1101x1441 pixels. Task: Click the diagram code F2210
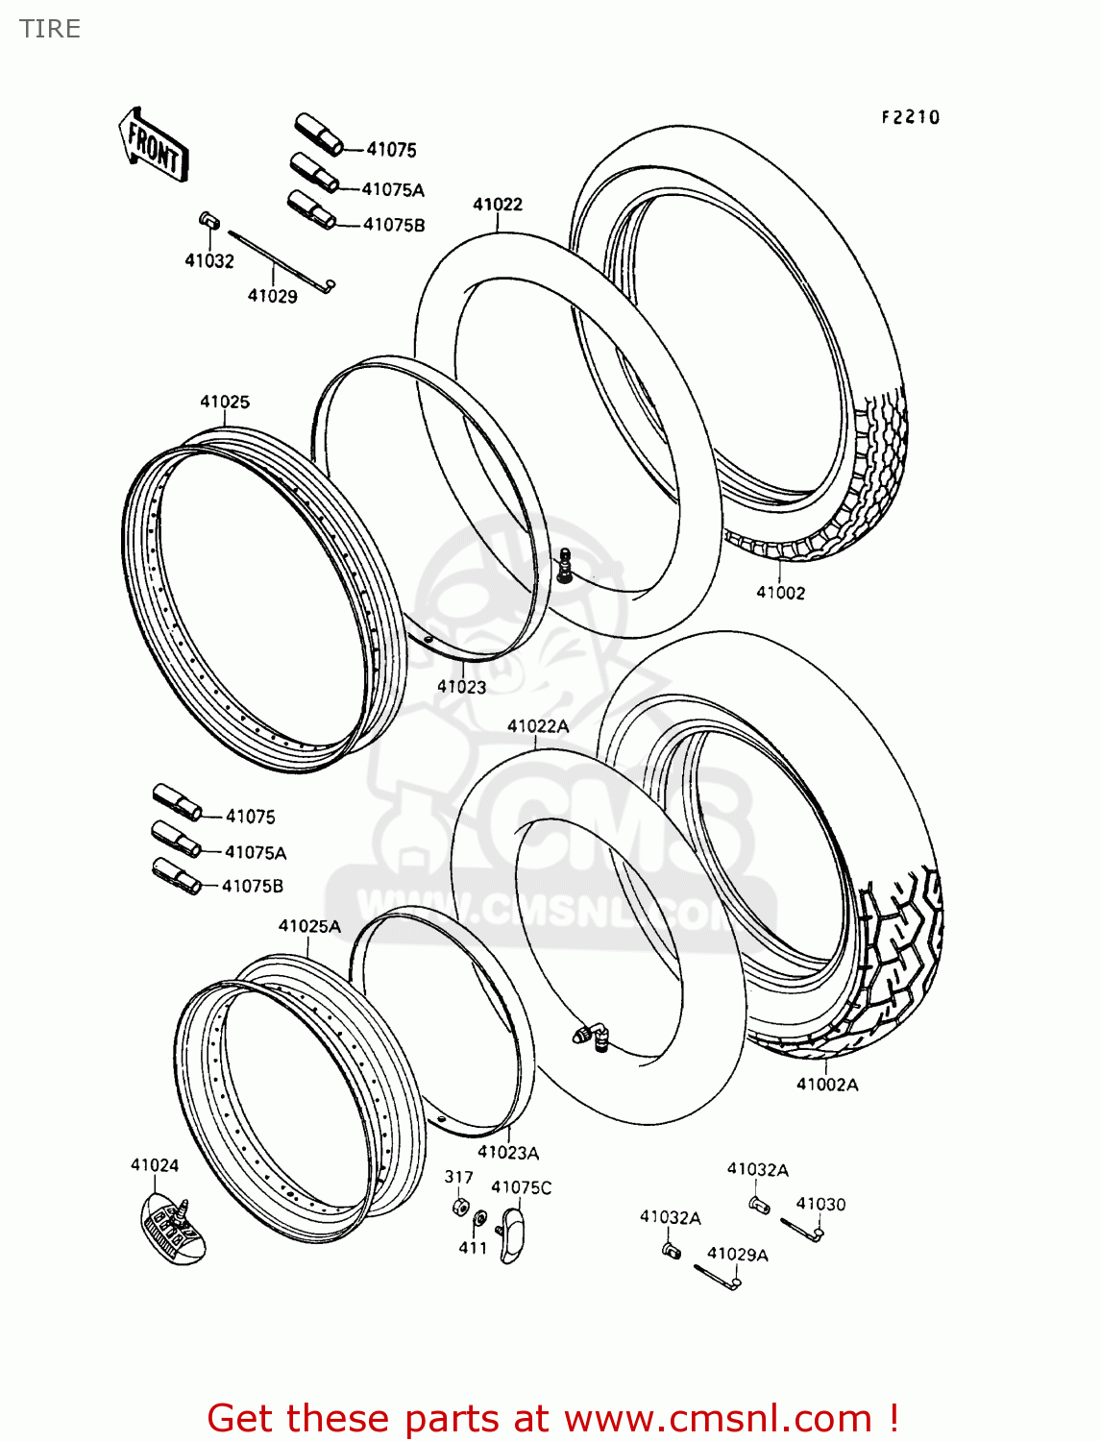click(x=911, y=117)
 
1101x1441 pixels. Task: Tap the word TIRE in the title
click(x=50, y=29)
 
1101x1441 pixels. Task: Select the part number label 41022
click(x=498, y=204)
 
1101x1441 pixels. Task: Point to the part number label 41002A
click(x=827, y=1085)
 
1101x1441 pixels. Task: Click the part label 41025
click(x=225, y=402)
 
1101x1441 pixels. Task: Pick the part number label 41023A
click(x=508, y=1152)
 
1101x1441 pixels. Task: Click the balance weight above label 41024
click(x=173, y=1225)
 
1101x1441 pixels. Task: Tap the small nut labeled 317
click(x=460, y=1207)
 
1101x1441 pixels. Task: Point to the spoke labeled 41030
click(x=801, y=1228)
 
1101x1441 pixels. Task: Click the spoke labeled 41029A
click(x=716, y=1276)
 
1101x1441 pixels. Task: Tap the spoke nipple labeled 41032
click(x=208, y=222)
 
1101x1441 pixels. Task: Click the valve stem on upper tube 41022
click(x=565, y=564)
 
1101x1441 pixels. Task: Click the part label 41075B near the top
click(x=394, y=225)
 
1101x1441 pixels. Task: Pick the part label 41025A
click(x=309, y=926)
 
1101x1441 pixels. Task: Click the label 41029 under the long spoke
click(x=273, y=296)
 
